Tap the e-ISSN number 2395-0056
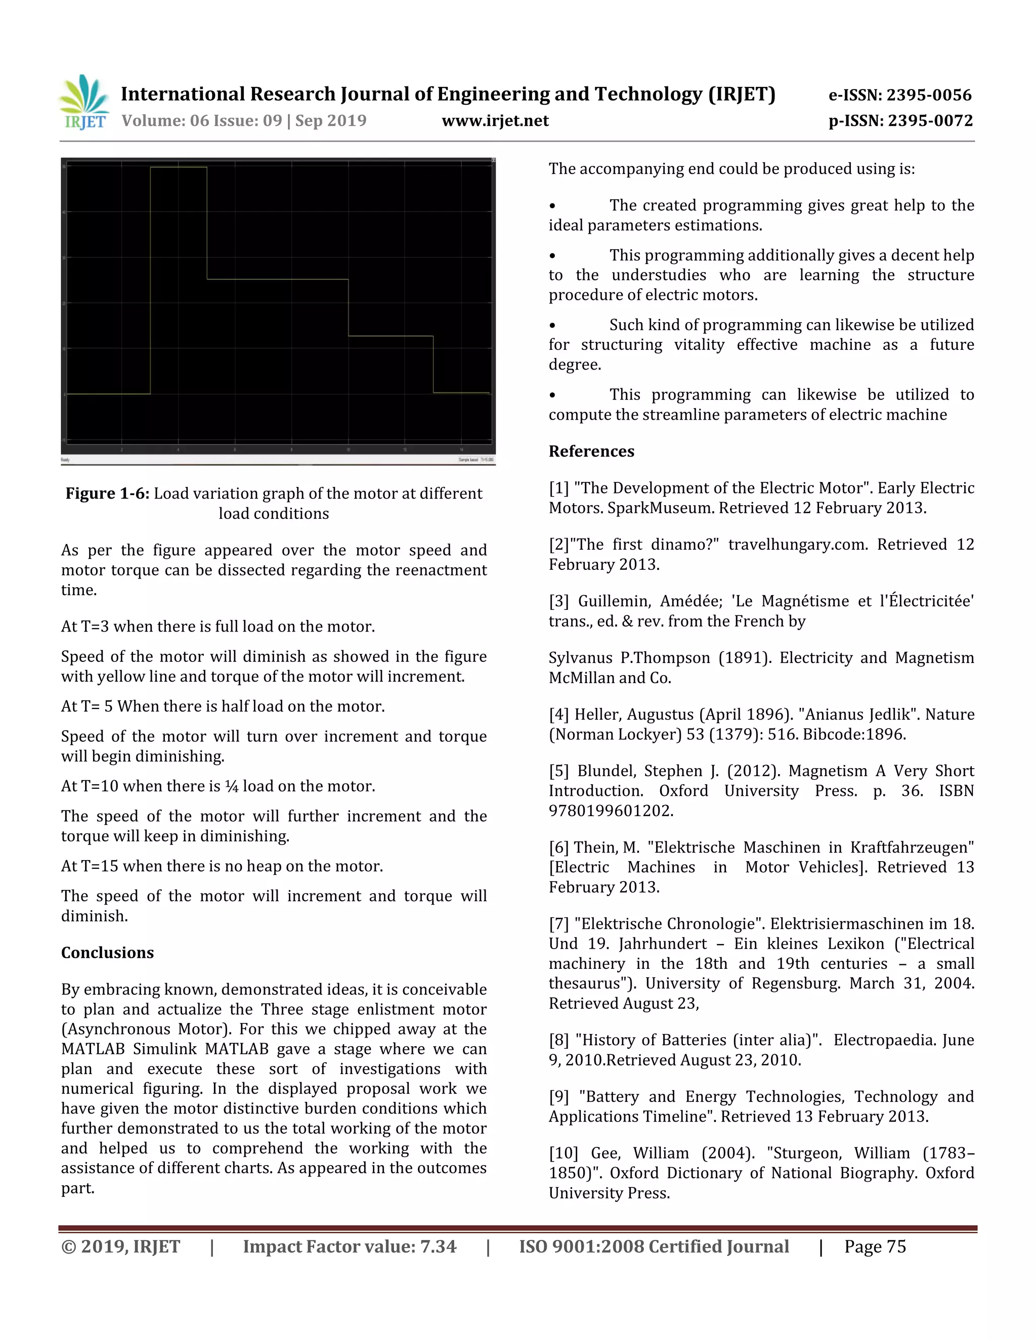point(929,95)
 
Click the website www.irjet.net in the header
point(495,121)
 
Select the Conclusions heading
point(107,952)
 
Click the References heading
point(591,451)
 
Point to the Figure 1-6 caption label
point(107,494)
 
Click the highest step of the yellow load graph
point(179,167)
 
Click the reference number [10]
point(564,1153)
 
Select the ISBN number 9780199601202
point(610,811)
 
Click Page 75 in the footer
point(875,1247)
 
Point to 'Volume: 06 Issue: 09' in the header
point(201,121)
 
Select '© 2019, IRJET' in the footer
point(121,1247)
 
